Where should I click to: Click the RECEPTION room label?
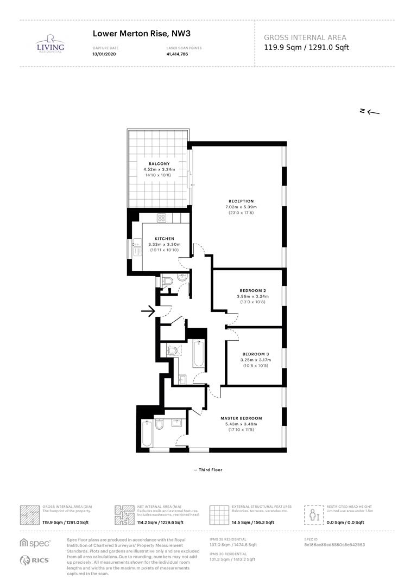click(241, 201)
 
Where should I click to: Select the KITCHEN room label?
click(165, 239)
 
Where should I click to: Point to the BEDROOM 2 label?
click(252, 290)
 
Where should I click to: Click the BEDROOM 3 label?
click(255, 354)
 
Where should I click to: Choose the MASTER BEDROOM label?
click(241, 418)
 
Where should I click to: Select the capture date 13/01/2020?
click(104, 54)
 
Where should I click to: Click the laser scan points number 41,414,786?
click(178, 54)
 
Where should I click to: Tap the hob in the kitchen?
click(161, 218)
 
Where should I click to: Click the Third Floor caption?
click(208, 470)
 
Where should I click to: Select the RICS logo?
click(35, 560)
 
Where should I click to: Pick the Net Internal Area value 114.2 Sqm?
click(161, 522)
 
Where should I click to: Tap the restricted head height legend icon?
click(313, 514)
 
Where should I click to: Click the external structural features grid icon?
click(219, 514)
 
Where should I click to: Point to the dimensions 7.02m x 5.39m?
click(241, 207)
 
